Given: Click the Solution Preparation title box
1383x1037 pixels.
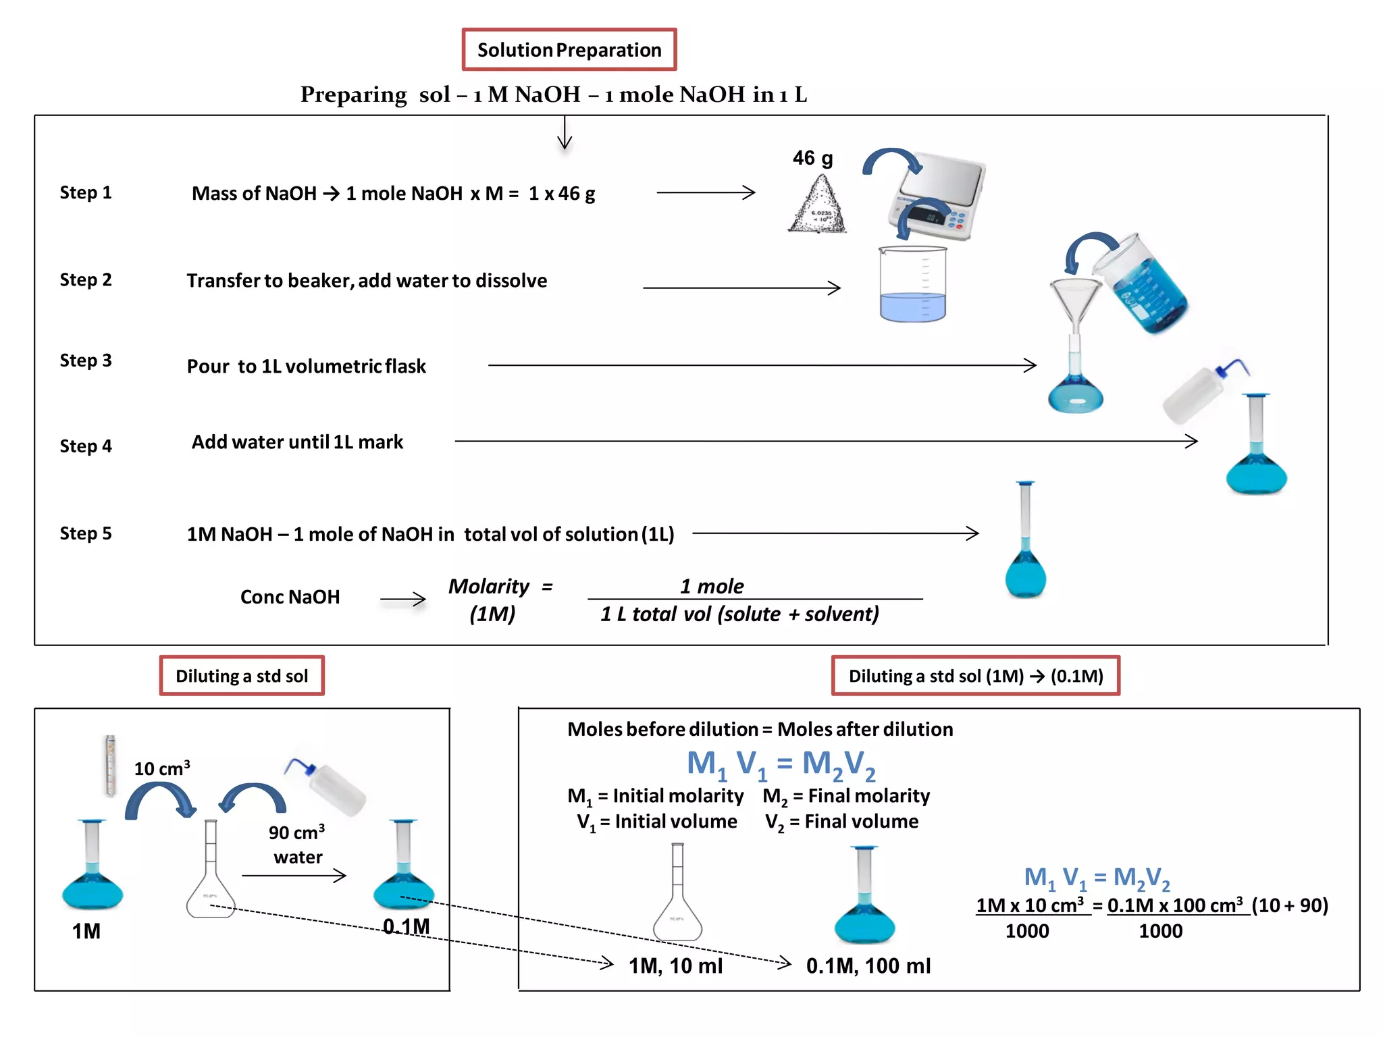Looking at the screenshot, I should [569, 49].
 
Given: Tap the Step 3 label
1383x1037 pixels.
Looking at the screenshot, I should [86, 361].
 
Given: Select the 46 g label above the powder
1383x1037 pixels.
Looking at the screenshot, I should [812, 159].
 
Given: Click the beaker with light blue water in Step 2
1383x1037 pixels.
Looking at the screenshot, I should [912, 284].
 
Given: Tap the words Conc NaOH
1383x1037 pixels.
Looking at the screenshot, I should [290, 597].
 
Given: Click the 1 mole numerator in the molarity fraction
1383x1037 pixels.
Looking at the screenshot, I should [712, 586].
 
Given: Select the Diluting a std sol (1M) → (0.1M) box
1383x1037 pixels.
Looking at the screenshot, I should [975, 676].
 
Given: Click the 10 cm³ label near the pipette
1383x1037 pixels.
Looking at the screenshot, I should [162, 768].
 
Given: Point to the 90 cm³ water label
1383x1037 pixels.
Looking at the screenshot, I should [297, 844].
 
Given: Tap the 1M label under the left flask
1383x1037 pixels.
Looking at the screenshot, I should [86, 932].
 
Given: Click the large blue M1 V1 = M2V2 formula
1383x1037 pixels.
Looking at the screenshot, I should [781, 764].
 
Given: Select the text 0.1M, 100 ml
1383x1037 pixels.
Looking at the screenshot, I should [868, 966].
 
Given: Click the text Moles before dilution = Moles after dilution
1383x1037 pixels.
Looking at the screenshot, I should [760, 729].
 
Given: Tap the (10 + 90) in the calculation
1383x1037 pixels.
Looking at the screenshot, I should [1290, 905].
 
